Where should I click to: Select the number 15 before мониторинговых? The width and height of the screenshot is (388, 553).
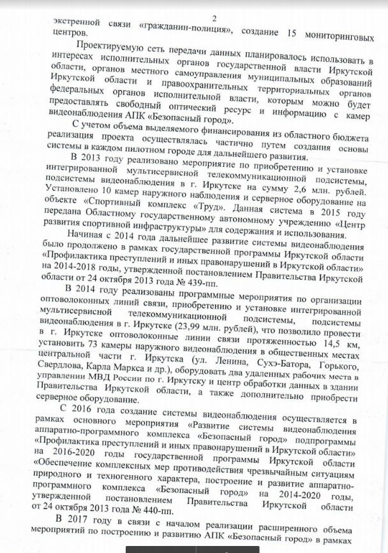(288, 25)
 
